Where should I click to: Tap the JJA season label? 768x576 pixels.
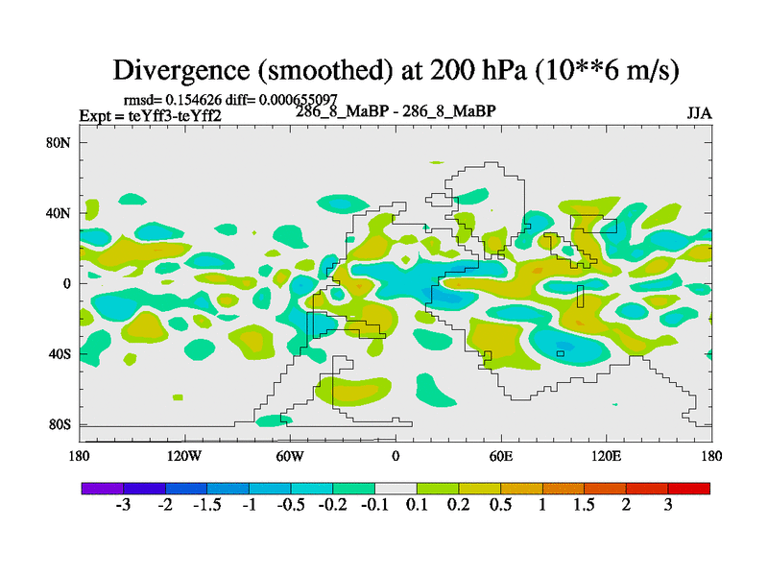click(699, 113)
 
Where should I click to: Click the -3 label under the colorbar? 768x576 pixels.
click(123, 507)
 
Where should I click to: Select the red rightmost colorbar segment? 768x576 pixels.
click(689, 489)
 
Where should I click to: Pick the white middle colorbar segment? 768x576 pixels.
click(396, 489)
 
